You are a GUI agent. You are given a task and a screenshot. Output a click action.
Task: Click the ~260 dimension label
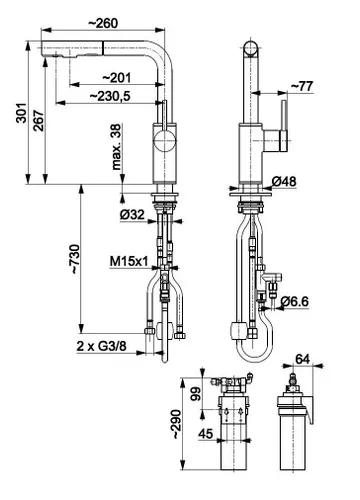[x=103, y=23]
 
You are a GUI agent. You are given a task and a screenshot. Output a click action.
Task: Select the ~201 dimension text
[x=116, y=78]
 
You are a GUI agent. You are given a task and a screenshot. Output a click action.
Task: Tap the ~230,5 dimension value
[x=110, y=96]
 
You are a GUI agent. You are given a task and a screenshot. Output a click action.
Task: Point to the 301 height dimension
[x=22, y=113]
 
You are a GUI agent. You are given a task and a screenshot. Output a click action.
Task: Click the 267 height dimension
[x=38, y=120]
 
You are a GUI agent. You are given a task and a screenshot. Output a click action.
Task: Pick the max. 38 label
[x=116, y=147]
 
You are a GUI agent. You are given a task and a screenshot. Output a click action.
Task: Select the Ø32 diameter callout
[x=132, y=215]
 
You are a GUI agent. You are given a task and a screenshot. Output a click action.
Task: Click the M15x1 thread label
[x=129, y=262]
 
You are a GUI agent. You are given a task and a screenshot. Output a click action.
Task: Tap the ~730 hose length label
[x=75, y=259]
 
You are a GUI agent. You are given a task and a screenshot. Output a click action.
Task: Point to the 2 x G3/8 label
[x=102, y=346]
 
